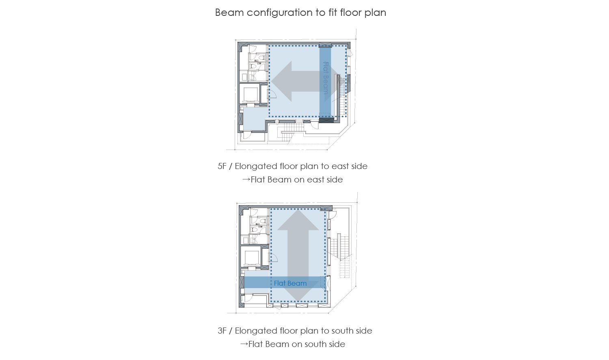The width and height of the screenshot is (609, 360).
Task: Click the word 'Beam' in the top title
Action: (x=229, y=13)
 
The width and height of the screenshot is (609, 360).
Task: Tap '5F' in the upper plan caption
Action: (x=222, y=166)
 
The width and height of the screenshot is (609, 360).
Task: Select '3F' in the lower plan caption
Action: (x=222, y=331)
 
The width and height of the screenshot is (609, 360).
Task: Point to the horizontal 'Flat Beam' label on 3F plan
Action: (x=290, y=283)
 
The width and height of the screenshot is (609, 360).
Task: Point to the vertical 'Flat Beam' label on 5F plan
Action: (x=326, y=78)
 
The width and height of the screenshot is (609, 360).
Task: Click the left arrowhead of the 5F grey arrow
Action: (x=281, y=81)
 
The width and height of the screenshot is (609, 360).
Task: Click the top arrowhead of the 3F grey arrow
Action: (x=298, y=220)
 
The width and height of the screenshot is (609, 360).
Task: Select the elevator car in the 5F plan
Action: (x=251, y=95)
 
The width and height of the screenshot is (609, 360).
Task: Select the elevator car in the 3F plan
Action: (x=252, y=258)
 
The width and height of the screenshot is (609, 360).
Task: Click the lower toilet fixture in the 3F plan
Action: (x=255, y=230)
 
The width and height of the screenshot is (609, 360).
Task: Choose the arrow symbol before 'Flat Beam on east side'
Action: (x=246, y=180)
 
